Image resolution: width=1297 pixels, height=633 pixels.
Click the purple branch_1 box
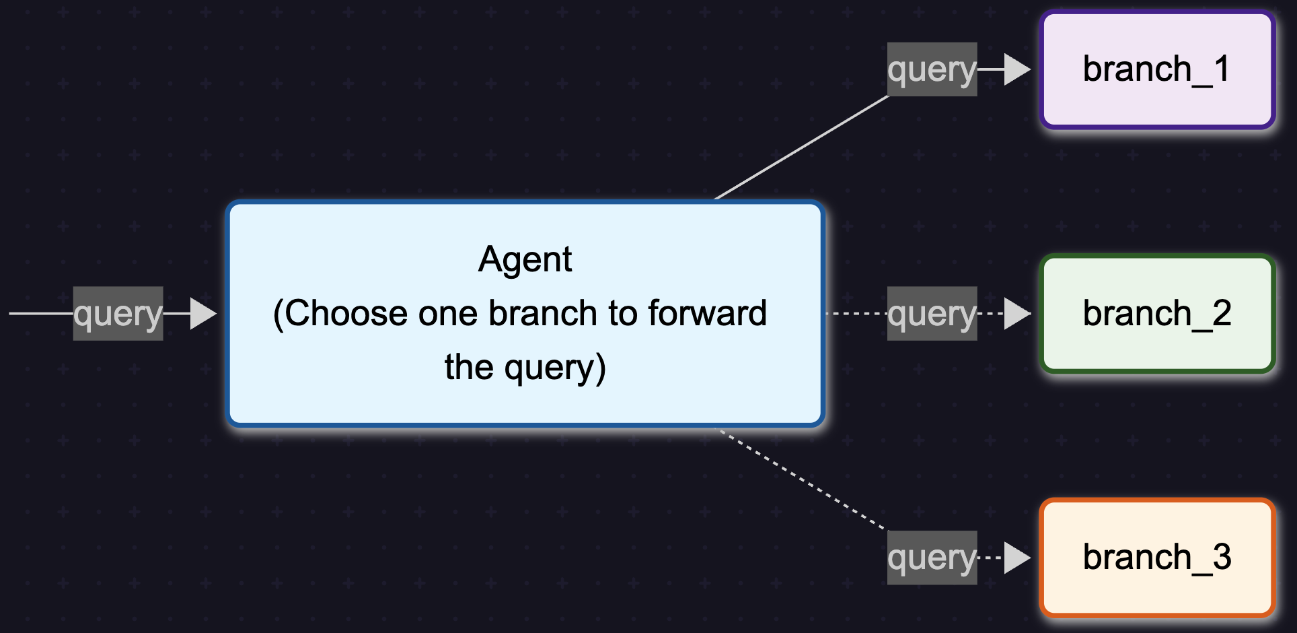(x=1157, y=70)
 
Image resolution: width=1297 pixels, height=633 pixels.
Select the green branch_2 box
(x=1157, y=314)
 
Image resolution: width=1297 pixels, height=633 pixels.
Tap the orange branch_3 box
(x=1157, y=558)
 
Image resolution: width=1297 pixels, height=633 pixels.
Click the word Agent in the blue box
(x=525, y=260)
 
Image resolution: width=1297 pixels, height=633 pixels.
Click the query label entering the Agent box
(x=118, y=314)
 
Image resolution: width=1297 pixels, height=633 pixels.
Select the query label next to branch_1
(x=932, y=69)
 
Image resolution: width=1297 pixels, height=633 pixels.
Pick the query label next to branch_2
(x=932, y=314)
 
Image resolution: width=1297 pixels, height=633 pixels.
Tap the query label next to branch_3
(x=932, y=558)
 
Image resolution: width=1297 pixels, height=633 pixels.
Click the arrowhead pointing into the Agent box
(x=202, y=314)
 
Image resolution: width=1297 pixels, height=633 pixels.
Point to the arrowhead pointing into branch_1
(x=1016, y=69)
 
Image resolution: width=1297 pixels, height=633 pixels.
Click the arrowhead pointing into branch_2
(x=1016, y=314)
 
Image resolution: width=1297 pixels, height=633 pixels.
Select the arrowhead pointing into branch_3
(x=1016, y=558)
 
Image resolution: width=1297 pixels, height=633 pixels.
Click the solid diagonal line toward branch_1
(x=801, y=148)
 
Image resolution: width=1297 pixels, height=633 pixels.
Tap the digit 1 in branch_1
(x=1222, y=69)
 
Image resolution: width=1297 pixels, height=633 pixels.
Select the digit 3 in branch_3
(x=1222, y=558)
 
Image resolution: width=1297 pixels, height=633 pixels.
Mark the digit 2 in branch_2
(x=1222, y=314)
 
